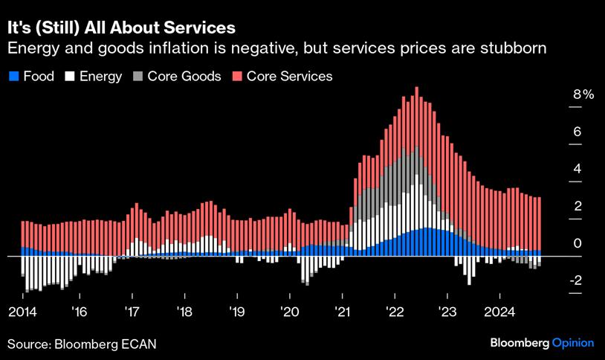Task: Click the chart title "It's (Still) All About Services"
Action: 121,28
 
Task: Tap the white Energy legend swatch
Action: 71,76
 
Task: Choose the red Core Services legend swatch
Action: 237,76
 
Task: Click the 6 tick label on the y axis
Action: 577,132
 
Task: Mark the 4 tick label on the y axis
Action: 577,169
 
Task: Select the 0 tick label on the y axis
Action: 577,243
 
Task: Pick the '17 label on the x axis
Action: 132,311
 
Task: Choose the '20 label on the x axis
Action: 290,311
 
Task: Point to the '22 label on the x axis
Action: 395,311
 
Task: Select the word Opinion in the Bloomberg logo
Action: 572,343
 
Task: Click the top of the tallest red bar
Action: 416,88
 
